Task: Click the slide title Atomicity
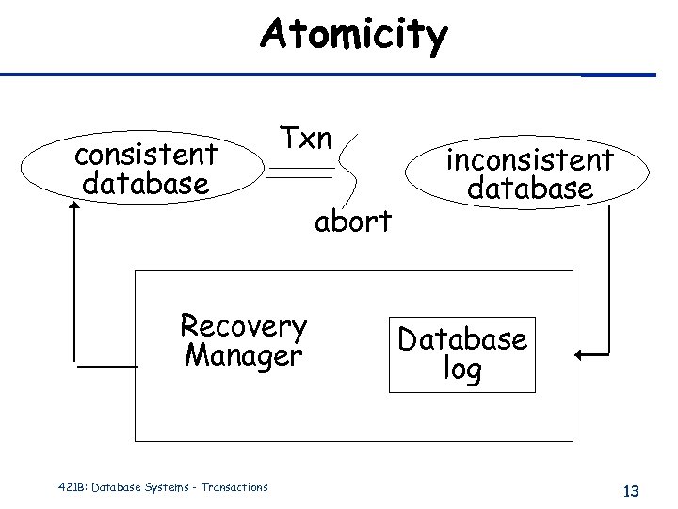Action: (x=355, y=36)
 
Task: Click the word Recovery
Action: (x=243, y=326)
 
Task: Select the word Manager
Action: (x=243, y=355)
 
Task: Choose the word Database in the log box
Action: (x=461, y=338)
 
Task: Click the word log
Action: (x=461, y=369)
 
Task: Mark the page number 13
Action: (x=631, y=491)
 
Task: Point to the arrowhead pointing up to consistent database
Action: (x=73, y=208)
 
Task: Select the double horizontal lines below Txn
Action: (x=301, y=172)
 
